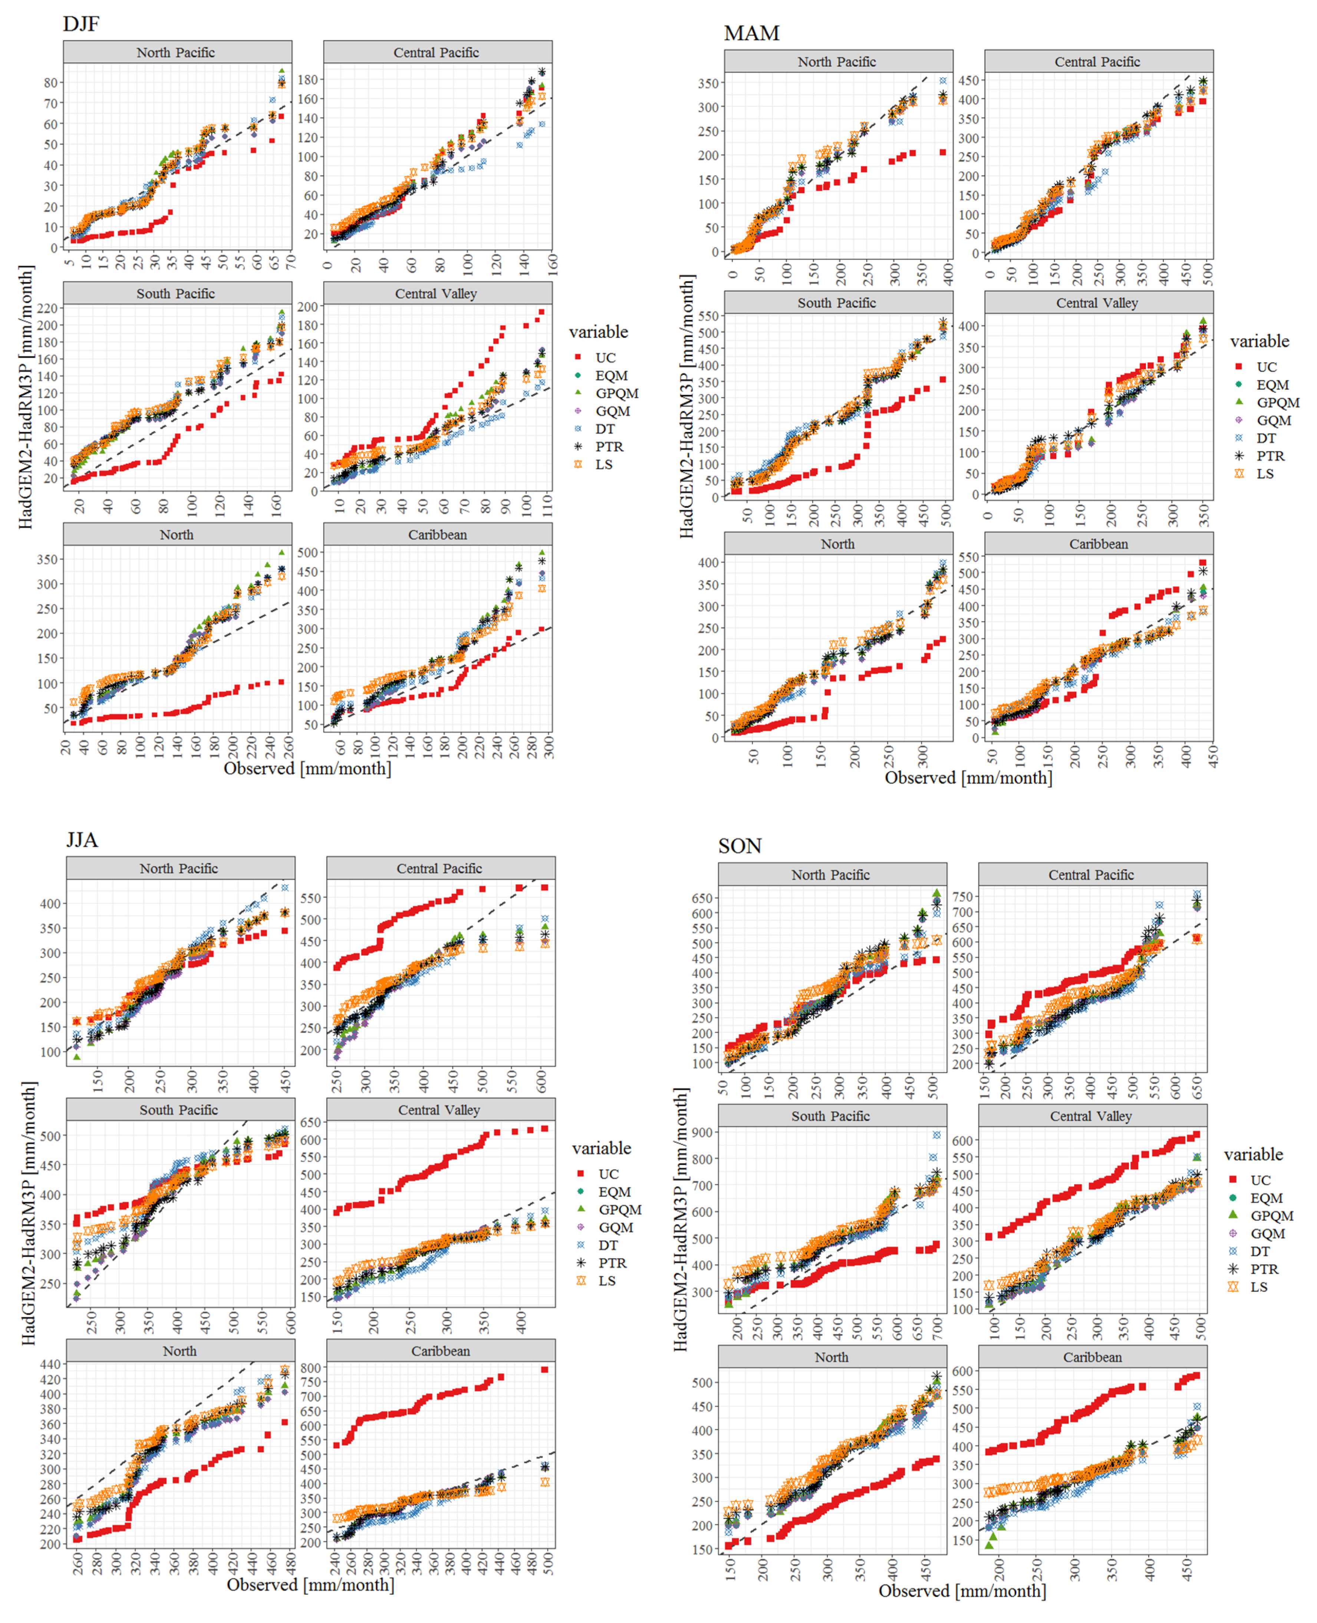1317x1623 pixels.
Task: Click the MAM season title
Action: [751, 33]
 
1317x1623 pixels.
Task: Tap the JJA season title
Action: [82, 840]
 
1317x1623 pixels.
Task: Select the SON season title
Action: [740, 846]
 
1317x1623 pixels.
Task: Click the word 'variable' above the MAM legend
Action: [1260, 341]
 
